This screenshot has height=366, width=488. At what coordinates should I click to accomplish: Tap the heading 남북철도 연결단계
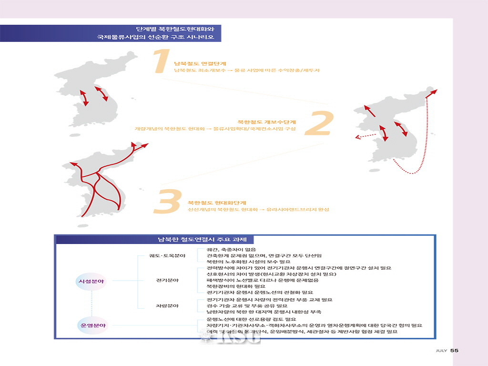200,63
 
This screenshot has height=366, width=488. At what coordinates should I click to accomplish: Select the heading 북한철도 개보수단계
267,122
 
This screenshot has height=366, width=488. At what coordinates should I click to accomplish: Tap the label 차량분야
167,305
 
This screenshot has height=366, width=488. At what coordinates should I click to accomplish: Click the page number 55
454,351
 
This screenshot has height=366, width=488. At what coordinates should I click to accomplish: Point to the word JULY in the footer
441,351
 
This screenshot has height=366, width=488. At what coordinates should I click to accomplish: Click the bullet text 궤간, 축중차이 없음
231,250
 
